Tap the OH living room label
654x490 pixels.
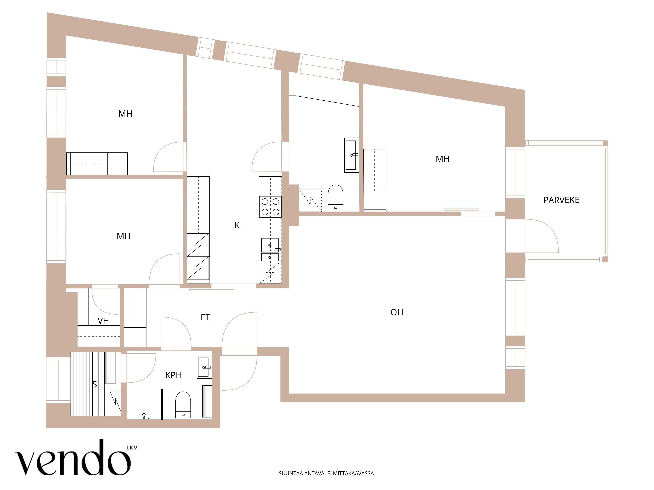pyautogui.click(x=397, y=312)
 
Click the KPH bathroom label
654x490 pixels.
pyautogui.click(x=173, y=375)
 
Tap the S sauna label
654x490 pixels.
pyautogui.click(x=95, y=384)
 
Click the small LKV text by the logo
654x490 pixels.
pyautogui.click(x=132, y=448)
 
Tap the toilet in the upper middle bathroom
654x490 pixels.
pyautogui.click(x=336, y=198)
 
